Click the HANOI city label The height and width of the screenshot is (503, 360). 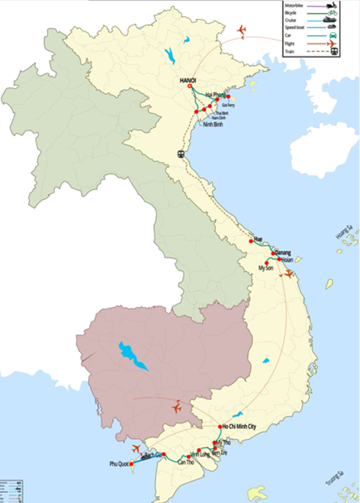(x=188, y=79)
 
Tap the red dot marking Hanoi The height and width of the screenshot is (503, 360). (x=189, y=86)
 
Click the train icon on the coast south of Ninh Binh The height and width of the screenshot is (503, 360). (x=182, y=153)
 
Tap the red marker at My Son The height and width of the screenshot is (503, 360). (x=267, y=263)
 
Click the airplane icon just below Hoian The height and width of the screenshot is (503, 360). (x=288, y=273)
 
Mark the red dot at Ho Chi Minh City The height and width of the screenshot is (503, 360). (x=220, y=427)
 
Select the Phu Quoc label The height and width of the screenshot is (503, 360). (x=120, y=463)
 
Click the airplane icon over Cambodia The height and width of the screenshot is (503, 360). (x=178, y=406)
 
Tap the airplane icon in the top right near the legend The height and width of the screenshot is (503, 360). (x=243, y=30)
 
